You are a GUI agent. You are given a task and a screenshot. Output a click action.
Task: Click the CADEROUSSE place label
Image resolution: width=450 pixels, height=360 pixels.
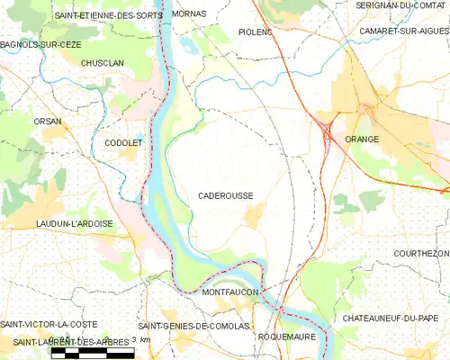pyautogui.click(x=226, y=195)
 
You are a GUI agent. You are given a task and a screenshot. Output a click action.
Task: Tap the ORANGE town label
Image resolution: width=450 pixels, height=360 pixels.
pyautogui.click(x=362, y=139)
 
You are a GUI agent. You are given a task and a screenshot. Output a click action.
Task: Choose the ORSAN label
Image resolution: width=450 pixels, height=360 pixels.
pyautogui.click(x=48, y=120)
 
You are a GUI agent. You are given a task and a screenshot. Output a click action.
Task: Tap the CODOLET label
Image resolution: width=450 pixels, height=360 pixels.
pyautogui.click(x=121, y=143)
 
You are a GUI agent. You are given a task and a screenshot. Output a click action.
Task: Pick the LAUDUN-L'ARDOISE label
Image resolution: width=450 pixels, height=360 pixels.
pyautogui.click(x=74, y=223)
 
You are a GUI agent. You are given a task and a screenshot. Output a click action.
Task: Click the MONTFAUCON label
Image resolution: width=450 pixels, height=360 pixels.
pyautogui.click(x=230, y=292)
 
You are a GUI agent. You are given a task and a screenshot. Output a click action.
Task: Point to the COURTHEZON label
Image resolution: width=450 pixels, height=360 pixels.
pyautogui.click(x=421, y=255)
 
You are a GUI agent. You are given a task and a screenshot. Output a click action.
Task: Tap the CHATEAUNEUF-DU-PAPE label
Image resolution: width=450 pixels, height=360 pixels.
pyautogui.click(x=391, y=319)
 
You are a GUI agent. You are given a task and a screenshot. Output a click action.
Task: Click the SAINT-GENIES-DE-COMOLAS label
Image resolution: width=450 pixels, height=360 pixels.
pyautogui.click(x=192, y=325)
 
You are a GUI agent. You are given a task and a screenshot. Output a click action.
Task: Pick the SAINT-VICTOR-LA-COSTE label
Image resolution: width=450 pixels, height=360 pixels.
pyautogui.click(x=49, y=324)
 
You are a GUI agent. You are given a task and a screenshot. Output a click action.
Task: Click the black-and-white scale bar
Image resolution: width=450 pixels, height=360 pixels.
pyautogui.click(x=93, y=353)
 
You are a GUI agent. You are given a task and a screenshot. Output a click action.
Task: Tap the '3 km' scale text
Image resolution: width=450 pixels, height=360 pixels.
pyautogui.click(x=140, y=338)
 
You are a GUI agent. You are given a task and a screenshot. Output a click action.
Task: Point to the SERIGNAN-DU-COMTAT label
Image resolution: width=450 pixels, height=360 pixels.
pyautogui.click(x=400, y=5)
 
